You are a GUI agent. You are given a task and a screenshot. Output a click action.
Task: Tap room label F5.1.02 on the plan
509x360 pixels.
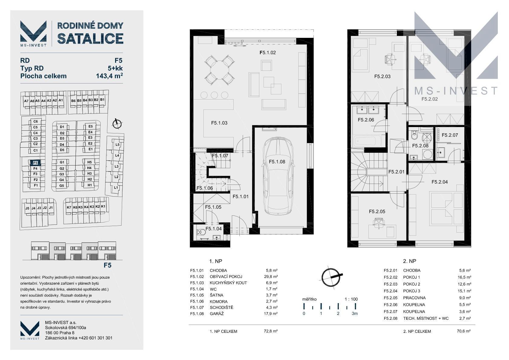pos(268,53)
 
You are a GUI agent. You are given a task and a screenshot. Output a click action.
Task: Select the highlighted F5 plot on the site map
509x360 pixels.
pos(35,163)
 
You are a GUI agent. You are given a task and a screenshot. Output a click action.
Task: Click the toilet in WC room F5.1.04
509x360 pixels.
pos(201,232)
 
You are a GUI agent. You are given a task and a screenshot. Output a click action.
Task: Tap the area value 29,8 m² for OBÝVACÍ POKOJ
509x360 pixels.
pos(271,277)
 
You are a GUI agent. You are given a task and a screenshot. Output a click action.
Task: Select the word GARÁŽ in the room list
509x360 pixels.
pos(217,314)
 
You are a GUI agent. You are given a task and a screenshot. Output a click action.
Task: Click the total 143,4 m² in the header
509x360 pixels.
pos(109,76)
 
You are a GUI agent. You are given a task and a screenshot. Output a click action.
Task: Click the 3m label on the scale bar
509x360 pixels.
pos(355,314)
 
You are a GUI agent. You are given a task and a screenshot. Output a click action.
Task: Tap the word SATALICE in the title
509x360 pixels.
pos(90,38)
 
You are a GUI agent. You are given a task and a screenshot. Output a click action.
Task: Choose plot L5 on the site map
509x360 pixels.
pos(118,145)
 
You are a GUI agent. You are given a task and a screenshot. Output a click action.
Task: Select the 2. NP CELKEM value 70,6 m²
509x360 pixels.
pos(464,331)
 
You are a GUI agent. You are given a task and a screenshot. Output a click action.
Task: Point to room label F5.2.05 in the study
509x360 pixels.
pos(377,211)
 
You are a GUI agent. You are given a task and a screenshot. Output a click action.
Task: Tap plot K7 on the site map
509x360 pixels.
pos(69,208)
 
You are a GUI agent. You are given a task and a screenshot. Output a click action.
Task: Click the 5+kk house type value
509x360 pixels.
pos(115,68)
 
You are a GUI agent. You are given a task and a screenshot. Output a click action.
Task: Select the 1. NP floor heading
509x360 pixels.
pos(216,261)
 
